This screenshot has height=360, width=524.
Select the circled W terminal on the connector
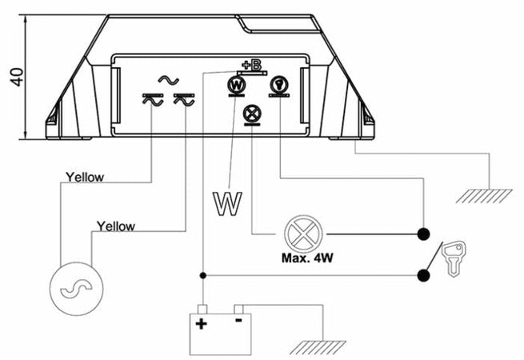click(x=237, y=83)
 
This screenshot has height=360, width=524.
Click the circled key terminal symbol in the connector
click(x=279, y=83)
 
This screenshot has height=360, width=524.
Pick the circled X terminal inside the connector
click(x=253, y=114)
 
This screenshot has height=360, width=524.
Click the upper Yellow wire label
click(x=84, y=177)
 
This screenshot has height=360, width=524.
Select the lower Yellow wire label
click(x=115, y=226)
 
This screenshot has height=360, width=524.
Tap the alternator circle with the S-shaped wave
click(x=72, y=290)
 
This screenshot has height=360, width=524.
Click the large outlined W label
click(x=226, y=202)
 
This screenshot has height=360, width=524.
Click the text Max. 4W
click(x=306, y=260)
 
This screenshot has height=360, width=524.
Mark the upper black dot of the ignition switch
click(x=423, y=234)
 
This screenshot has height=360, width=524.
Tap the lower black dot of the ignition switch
click(x=423, y=276)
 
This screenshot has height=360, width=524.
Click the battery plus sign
click(x=202, y=324)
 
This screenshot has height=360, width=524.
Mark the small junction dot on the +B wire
click(x=202, y=276)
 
